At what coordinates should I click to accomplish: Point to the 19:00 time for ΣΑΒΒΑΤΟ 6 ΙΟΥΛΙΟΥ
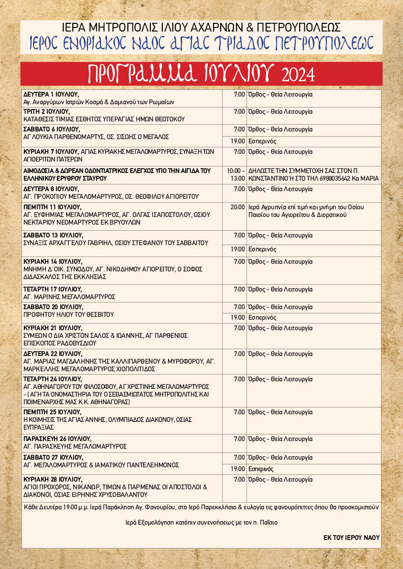coord(238,141)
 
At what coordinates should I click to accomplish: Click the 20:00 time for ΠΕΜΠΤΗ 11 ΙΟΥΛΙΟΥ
coord(238,207)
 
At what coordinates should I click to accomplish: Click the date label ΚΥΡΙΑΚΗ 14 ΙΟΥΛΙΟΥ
coord(53,261)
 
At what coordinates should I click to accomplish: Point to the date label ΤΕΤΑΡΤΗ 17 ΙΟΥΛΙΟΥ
coord(53,289)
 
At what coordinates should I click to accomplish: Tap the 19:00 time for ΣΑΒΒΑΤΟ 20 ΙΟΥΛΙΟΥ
coord(238,318)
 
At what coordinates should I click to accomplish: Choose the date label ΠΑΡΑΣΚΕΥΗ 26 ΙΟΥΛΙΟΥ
coord(57,439)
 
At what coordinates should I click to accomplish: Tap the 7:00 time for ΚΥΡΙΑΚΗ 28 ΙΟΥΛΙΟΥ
coord(239,479)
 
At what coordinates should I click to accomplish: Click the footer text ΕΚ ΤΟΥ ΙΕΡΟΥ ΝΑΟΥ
coord(351,537)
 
